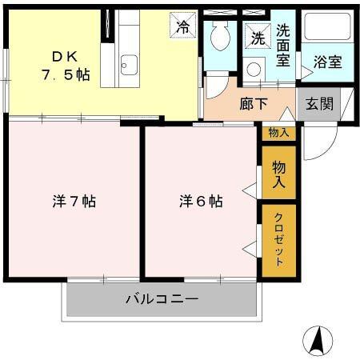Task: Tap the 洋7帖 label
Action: pyautogui.click(x=74, y=202)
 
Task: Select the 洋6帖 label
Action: pyautogui.click(x=200, y=202)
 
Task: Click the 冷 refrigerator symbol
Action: pyautogui.click(x=183, y=26)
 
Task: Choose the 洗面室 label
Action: pyautogui.click(x=284, y=46)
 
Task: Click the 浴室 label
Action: pyautogui.click(x=327, y=62)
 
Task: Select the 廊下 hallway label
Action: pyautogui.click(x=253, y=104)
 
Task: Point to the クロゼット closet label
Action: pyautogui.click(x=278, y=241)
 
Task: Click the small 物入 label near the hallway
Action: pyautogui.click(x=278, y=133)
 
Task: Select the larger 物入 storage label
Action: pyautogui.click(x=278, y=174)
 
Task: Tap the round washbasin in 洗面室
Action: pyautogui.click(x=254, y=70)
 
